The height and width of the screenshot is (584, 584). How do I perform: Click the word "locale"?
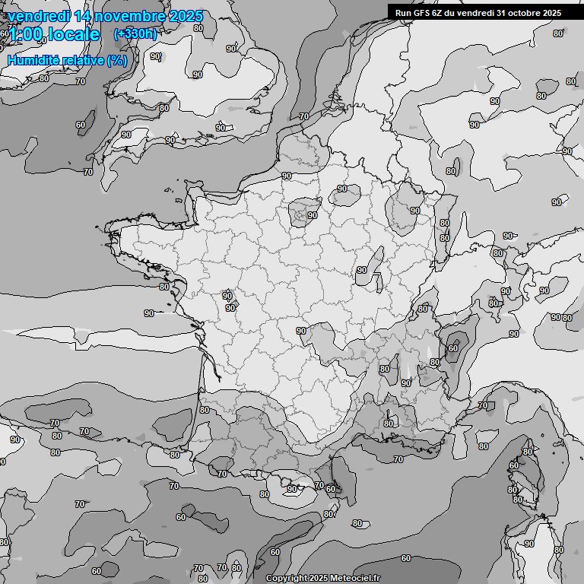(73, 34)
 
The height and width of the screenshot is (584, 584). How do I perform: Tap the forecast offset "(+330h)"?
(135, 33)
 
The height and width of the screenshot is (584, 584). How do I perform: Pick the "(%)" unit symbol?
(117, 59)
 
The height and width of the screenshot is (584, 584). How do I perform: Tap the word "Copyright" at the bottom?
(287, 579)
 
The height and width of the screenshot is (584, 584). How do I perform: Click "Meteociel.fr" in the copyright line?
(356, 579)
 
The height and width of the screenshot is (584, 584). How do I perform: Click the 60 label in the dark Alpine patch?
(454, 348)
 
